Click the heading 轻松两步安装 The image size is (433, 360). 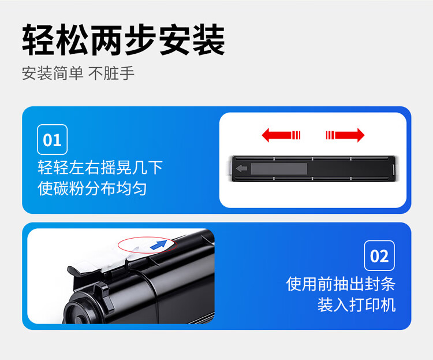click(x=124, y=40)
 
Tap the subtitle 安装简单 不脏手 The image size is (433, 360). click(x=78, y=73)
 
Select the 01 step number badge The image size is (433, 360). click(x=52, y=140)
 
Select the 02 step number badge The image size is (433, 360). click(x=379, y=256)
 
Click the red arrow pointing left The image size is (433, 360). click(x=281, y=135)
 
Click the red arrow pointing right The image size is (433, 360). click(x=345, y=135)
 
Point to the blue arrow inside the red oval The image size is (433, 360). click(x=159, y=244)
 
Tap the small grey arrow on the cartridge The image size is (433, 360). click(x=242, y=168)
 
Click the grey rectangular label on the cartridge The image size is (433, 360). click(x=279, y=169)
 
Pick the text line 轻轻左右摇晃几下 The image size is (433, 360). click(x=100, y=168)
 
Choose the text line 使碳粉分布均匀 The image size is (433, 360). click(x=92, y=189)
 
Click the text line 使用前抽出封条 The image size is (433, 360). click(x=341, y=284)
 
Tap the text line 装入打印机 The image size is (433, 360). click(x=357, y=305)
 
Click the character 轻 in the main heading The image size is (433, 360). click(x=38, y=40)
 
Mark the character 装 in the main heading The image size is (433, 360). click(x=209, y=40)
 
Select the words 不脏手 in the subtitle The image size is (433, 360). click(x=111, y=73)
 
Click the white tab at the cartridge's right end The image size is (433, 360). click(x=394, y=169)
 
